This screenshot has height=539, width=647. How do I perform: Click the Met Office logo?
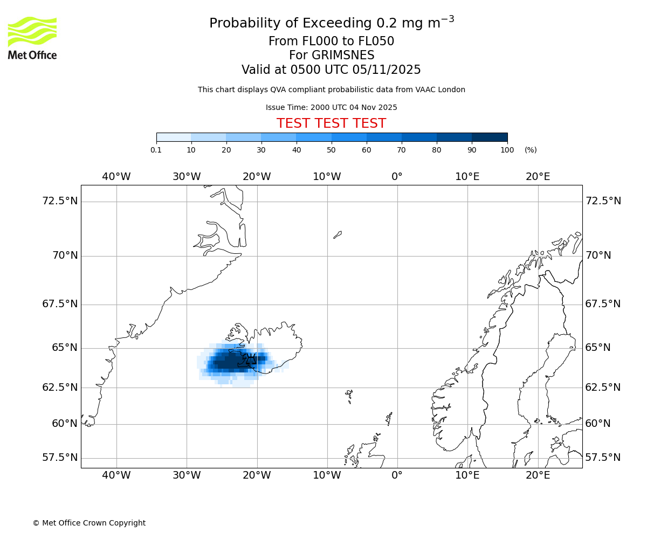point(32,38)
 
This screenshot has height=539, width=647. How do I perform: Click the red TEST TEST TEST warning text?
point(331,123)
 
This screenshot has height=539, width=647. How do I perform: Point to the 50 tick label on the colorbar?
point(331,150)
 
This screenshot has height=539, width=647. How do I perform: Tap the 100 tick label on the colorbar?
point(507,150)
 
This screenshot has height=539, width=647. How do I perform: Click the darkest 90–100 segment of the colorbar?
point(490,137)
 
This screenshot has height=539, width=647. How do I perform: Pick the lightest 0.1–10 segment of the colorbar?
point(174,137)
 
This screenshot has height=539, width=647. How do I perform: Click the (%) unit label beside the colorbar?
point(531,150)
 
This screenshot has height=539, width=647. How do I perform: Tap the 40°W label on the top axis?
point(116,176)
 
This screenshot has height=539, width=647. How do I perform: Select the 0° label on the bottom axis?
point(397,475)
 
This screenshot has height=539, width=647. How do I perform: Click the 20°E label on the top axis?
point(538,176)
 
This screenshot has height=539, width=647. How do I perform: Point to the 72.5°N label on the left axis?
point(60,201)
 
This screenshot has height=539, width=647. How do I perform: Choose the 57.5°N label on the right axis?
point(603,458)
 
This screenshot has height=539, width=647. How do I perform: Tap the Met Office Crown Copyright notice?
point(89,523)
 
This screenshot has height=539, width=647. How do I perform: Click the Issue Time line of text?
point(331,107)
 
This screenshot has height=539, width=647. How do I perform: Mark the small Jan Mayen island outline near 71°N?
point(338,234)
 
